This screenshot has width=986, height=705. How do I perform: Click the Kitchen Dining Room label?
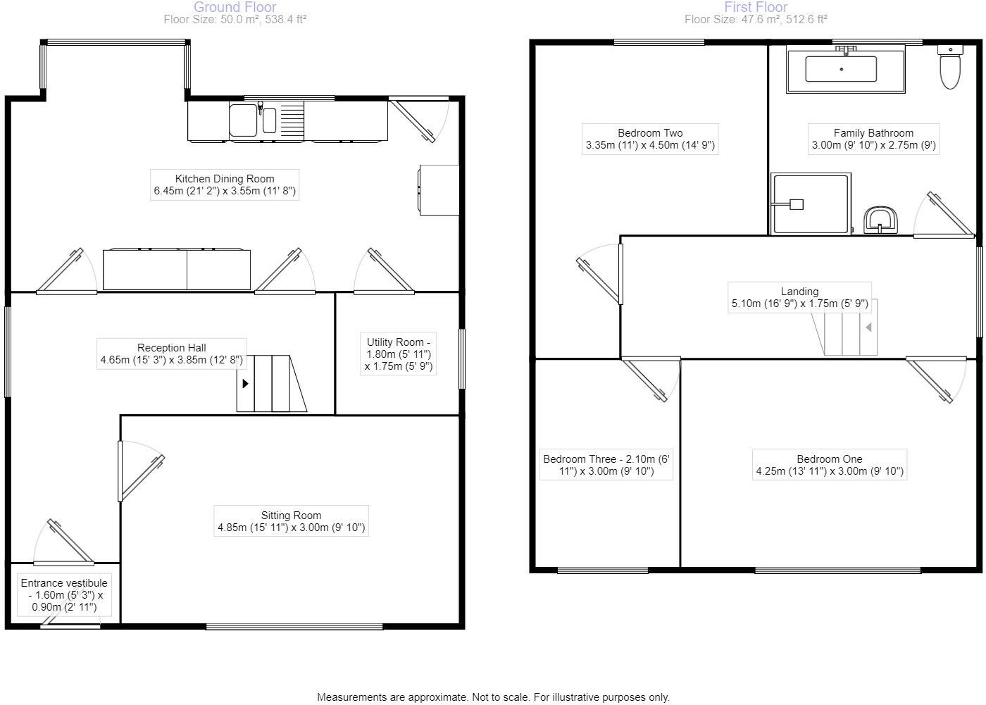[224, 185]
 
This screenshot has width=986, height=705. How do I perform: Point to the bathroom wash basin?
[880, 220]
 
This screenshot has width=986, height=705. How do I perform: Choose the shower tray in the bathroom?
[811, 204]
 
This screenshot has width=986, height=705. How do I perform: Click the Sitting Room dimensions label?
[291, 521]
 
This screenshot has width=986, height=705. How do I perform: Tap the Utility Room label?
[398, 354]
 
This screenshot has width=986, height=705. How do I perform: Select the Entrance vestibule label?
[64, 595]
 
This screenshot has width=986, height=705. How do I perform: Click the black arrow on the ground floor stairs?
[245, 384]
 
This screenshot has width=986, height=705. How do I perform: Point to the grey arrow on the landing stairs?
[869, 327]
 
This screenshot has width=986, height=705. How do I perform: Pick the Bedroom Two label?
[650, 139]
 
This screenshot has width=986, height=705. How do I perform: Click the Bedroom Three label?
[606, 465]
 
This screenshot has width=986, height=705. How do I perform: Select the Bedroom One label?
[829, 465]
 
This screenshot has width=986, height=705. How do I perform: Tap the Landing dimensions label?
[799, 298]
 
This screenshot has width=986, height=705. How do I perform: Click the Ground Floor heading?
[235, 7]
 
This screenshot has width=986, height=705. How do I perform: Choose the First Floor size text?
[756, 20]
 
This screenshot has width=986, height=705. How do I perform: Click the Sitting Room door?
[141, 470]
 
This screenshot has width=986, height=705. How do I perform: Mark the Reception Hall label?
[172, 354]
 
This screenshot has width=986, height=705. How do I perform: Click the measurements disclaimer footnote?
[493, 697]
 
